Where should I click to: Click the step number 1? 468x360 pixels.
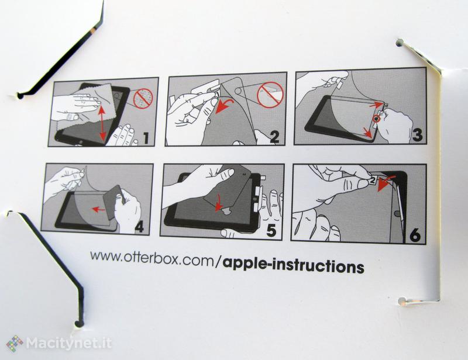click(x=145, y=138)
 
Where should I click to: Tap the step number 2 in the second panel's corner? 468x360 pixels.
click(x=274, y=137)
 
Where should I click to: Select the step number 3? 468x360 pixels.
click(x=417, y=135)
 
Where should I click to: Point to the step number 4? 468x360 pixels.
click(x=139, y=227)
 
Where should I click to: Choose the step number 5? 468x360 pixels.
click(x=271, y=231)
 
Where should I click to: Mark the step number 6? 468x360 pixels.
click(x=415, y=235)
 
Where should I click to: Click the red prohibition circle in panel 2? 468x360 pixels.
click(x=270, y=95)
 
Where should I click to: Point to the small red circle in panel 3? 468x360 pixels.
click(x=377, y=119)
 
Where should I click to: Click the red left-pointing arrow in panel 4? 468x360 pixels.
click(x=98, y=210)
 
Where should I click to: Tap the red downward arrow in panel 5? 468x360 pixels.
click(x=219, y=203)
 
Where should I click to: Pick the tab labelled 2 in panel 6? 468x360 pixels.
click(x=373, y=180)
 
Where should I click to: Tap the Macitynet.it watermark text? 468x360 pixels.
click(x=69, y=344)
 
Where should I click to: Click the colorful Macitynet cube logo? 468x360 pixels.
click(x=15, y=343)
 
